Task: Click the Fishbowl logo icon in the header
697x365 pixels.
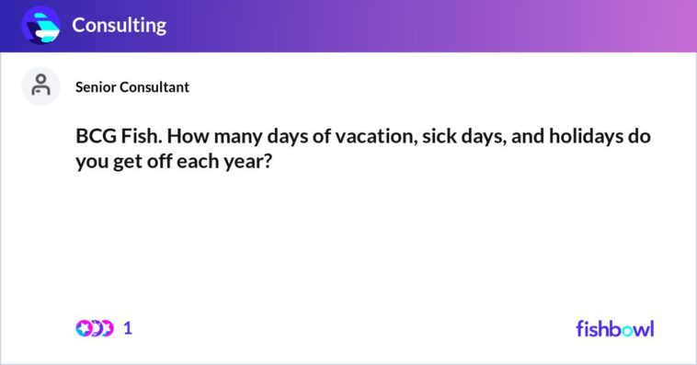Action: [40, 25]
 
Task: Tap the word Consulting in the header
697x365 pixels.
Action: [120, 26]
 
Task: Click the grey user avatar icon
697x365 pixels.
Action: [40, 86]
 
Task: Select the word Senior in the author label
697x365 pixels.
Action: [97, 87]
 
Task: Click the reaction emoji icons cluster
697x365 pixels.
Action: [94, 328]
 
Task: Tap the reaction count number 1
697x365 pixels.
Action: [128, 328]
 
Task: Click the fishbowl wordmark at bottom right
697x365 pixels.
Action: [614, 328]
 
